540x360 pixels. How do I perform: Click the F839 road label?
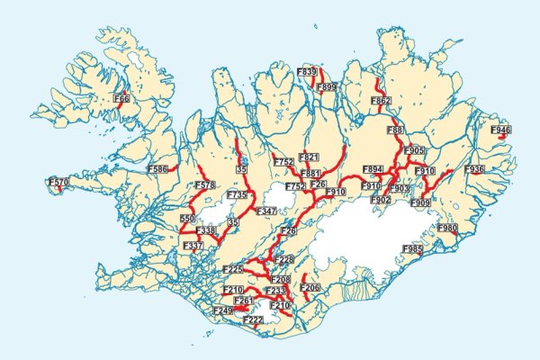click(306, 71)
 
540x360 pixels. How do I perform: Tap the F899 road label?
click(326, 87)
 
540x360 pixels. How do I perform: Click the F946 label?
click(500, 130)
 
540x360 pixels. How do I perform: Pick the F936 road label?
click(474, 169)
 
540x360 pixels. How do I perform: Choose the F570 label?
click(58, 183)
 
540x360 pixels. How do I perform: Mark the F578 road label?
click(205, 185)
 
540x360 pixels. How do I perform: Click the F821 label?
click(309, 157)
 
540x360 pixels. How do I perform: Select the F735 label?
click(238, 194)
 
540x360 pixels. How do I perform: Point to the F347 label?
click(267, 211)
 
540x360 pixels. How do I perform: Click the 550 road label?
click(187, 219)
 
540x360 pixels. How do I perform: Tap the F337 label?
click(193, 246)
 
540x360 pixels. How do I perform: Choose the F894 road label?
click(373, 169)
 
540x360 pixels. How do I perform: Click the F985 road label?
click(413, 248)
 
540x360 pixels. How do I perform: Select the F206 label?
click(310, 288)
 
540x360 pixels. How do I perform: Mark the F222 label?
click(253, 319)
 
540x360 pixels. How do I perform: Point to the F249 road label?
click(222, 310)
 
